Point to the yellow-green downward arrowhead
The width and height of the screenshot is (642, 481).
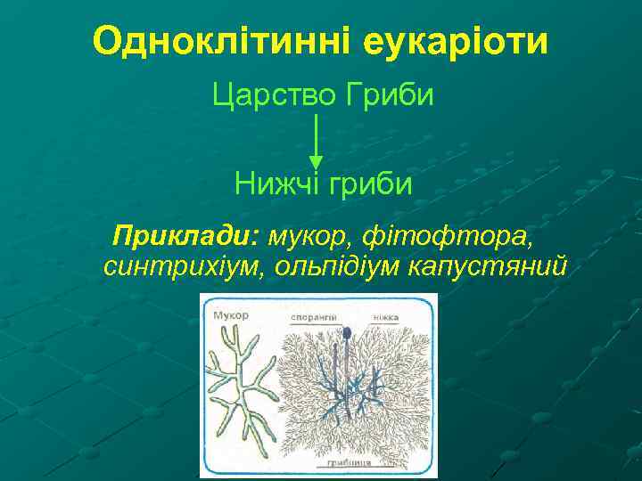pos(316,162)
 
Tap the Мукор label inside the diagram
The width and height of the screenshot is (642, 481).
pos(231,314)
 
